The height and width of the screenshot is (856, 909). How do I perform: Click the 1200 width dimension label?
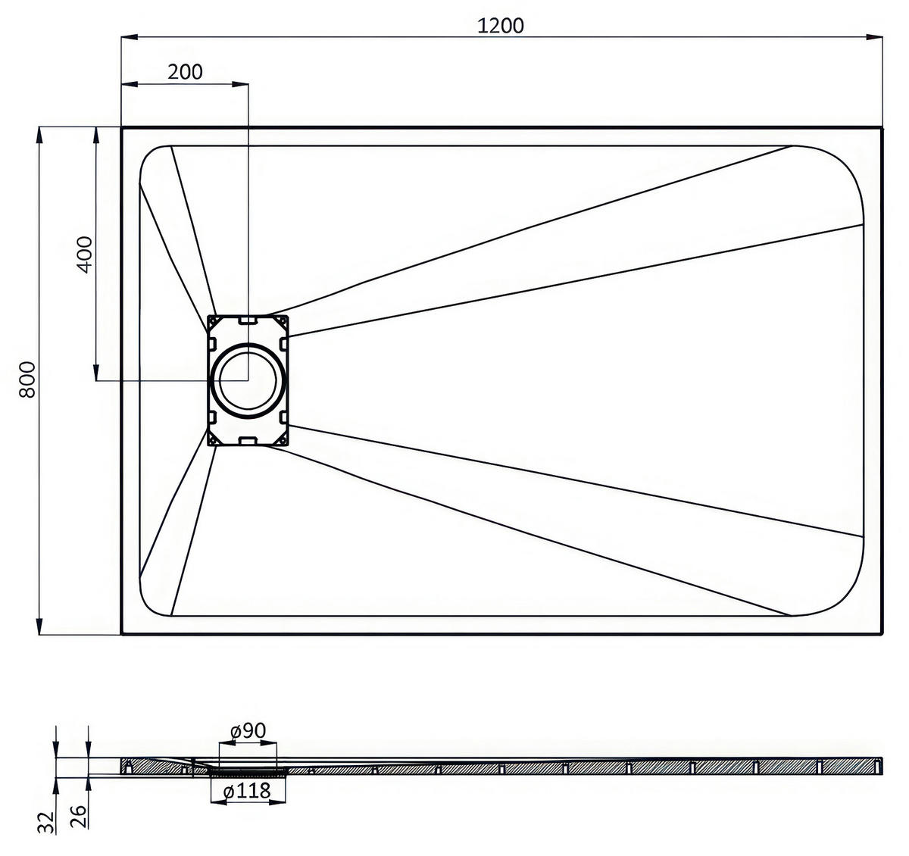pyautogui.click(x=500, y=26)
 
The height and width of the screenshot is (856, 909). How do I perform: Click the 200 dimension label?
pyautogui.click(x=185, y=72)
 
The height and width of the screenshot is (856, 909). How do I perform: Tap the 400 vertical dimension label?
pyautogui.click(x=85, y=255)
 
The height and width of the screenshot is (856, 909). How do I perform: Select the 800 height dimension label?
pyautogui.click(x=27, y=380)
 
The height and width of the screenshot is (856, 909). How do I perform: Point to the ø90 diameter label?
pyautogui.click(x=248, y=731)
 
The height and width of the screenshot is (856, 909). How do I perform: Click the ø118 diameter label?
pyautogui.click(x=248, y=791)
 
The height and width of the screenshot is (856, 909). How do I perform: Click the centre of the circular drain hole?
pyautogui.click(x=248, y=380)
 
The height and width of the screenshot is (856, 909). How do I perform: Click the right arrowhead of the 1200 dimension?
pyautogui.click(x=874, y=37)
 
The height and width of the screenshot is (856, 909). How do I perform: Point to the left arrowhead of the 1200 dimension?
pyautogui.click(x=130, y=37)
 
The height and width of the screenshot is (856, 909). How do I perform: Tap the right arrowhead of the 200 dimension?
pyautogui.click(x=240, y=84)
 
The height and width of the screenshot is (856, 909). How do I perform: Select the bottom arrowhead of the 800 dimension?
pyautogui.click(x=39, y=626)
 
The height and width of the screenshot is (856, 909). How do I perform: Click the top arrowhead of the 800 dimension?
pyautogui.click(x=39, y=136)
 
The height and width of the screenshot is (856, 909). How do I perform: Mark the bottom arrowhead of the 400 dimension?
pyautogui.click(x=96, y=372)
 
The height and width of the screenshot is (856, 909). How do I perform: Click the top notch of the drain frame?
pyautogui.click(x=248, y=320)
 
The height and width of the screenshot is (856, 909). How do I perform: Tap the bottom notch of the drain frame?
pyautogui.click(x=248, y=442)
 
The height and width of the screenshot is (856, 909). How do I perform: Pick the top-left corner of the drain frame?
pyautogui.click(x=208, y=316)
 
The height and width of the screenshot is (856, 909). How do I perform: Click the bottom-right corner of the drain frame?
pyautogui.click(x=288, y=445)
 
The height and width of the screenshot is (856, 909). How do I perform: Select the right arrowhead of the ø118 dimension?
pyautogui.click(x=277, y=802)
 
